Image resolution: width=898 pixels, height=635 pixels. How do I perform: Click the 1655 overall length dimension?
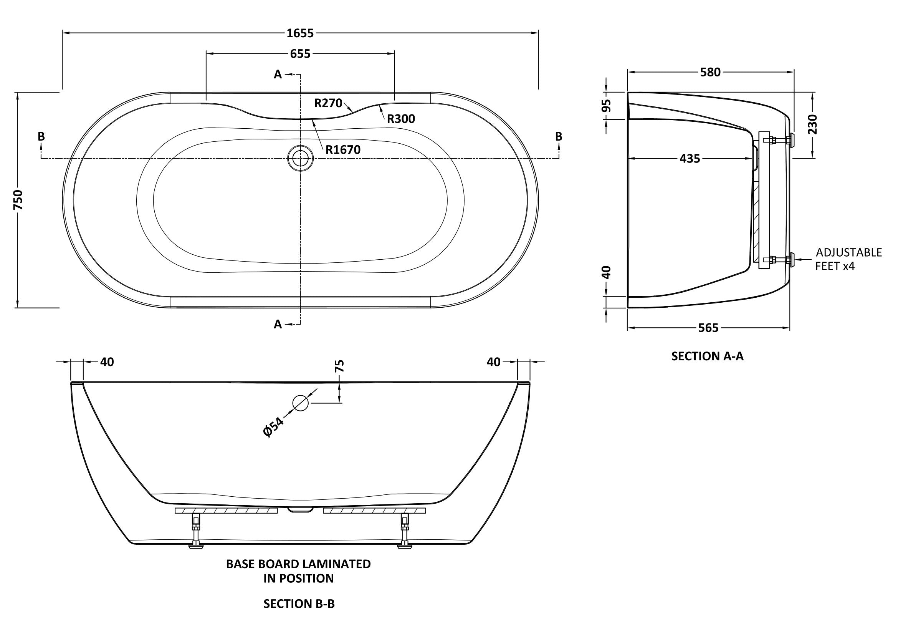(x=300, y=33)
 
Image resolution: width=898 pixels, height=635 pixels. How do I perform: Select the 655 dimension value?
(x=300, y=54)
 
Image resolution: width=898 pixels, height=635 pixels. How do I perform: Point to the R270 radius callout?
(x=328, y=103)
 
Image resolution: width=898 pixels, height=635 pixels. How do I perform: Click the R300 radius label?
(x=401, y=119)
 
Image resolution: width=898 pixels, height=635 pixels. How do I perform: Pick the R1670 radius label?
(x=343, y=149)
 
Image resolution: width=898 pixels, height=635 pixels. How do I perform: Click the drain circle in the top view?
(x=300, y=158)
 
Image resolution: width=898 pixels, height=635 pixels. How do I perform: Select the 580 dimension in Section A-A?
(x=710, y=72)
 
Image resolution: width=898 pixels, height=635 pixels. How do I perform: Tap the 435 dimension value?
(x=690, y=158)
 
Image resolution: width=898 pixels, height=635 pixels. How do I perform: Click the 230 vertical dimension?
(x=813, y=124)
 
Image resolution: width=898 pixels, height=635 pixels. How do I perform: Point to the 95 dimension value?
(x=606, y=106)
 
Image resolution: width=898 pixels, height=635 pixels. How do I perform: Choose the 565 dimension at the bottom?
(x=708, y=328)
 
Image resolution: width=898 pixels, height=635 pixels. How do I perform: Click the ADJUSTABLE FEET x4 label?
(x=848, y=259)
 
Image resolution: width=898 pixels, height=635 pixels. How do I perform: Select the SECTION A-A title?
(x=707, y=356)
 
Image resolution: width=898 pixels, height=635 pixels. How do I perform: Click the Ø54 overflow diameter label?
(x=273, y=427)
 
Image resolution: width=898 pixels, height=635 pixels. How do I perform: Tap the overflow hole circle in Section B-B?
(x=300, y=403)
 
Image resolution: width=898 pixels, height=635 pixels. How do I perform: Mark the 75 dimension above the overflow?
(x=339, y=366)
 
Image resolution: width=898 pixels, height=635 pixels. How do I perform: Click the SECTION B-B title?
(x=299, y=604)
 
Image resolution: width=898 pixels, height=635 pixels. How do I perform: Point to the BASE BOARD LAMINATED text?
(x=298, y=564)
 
